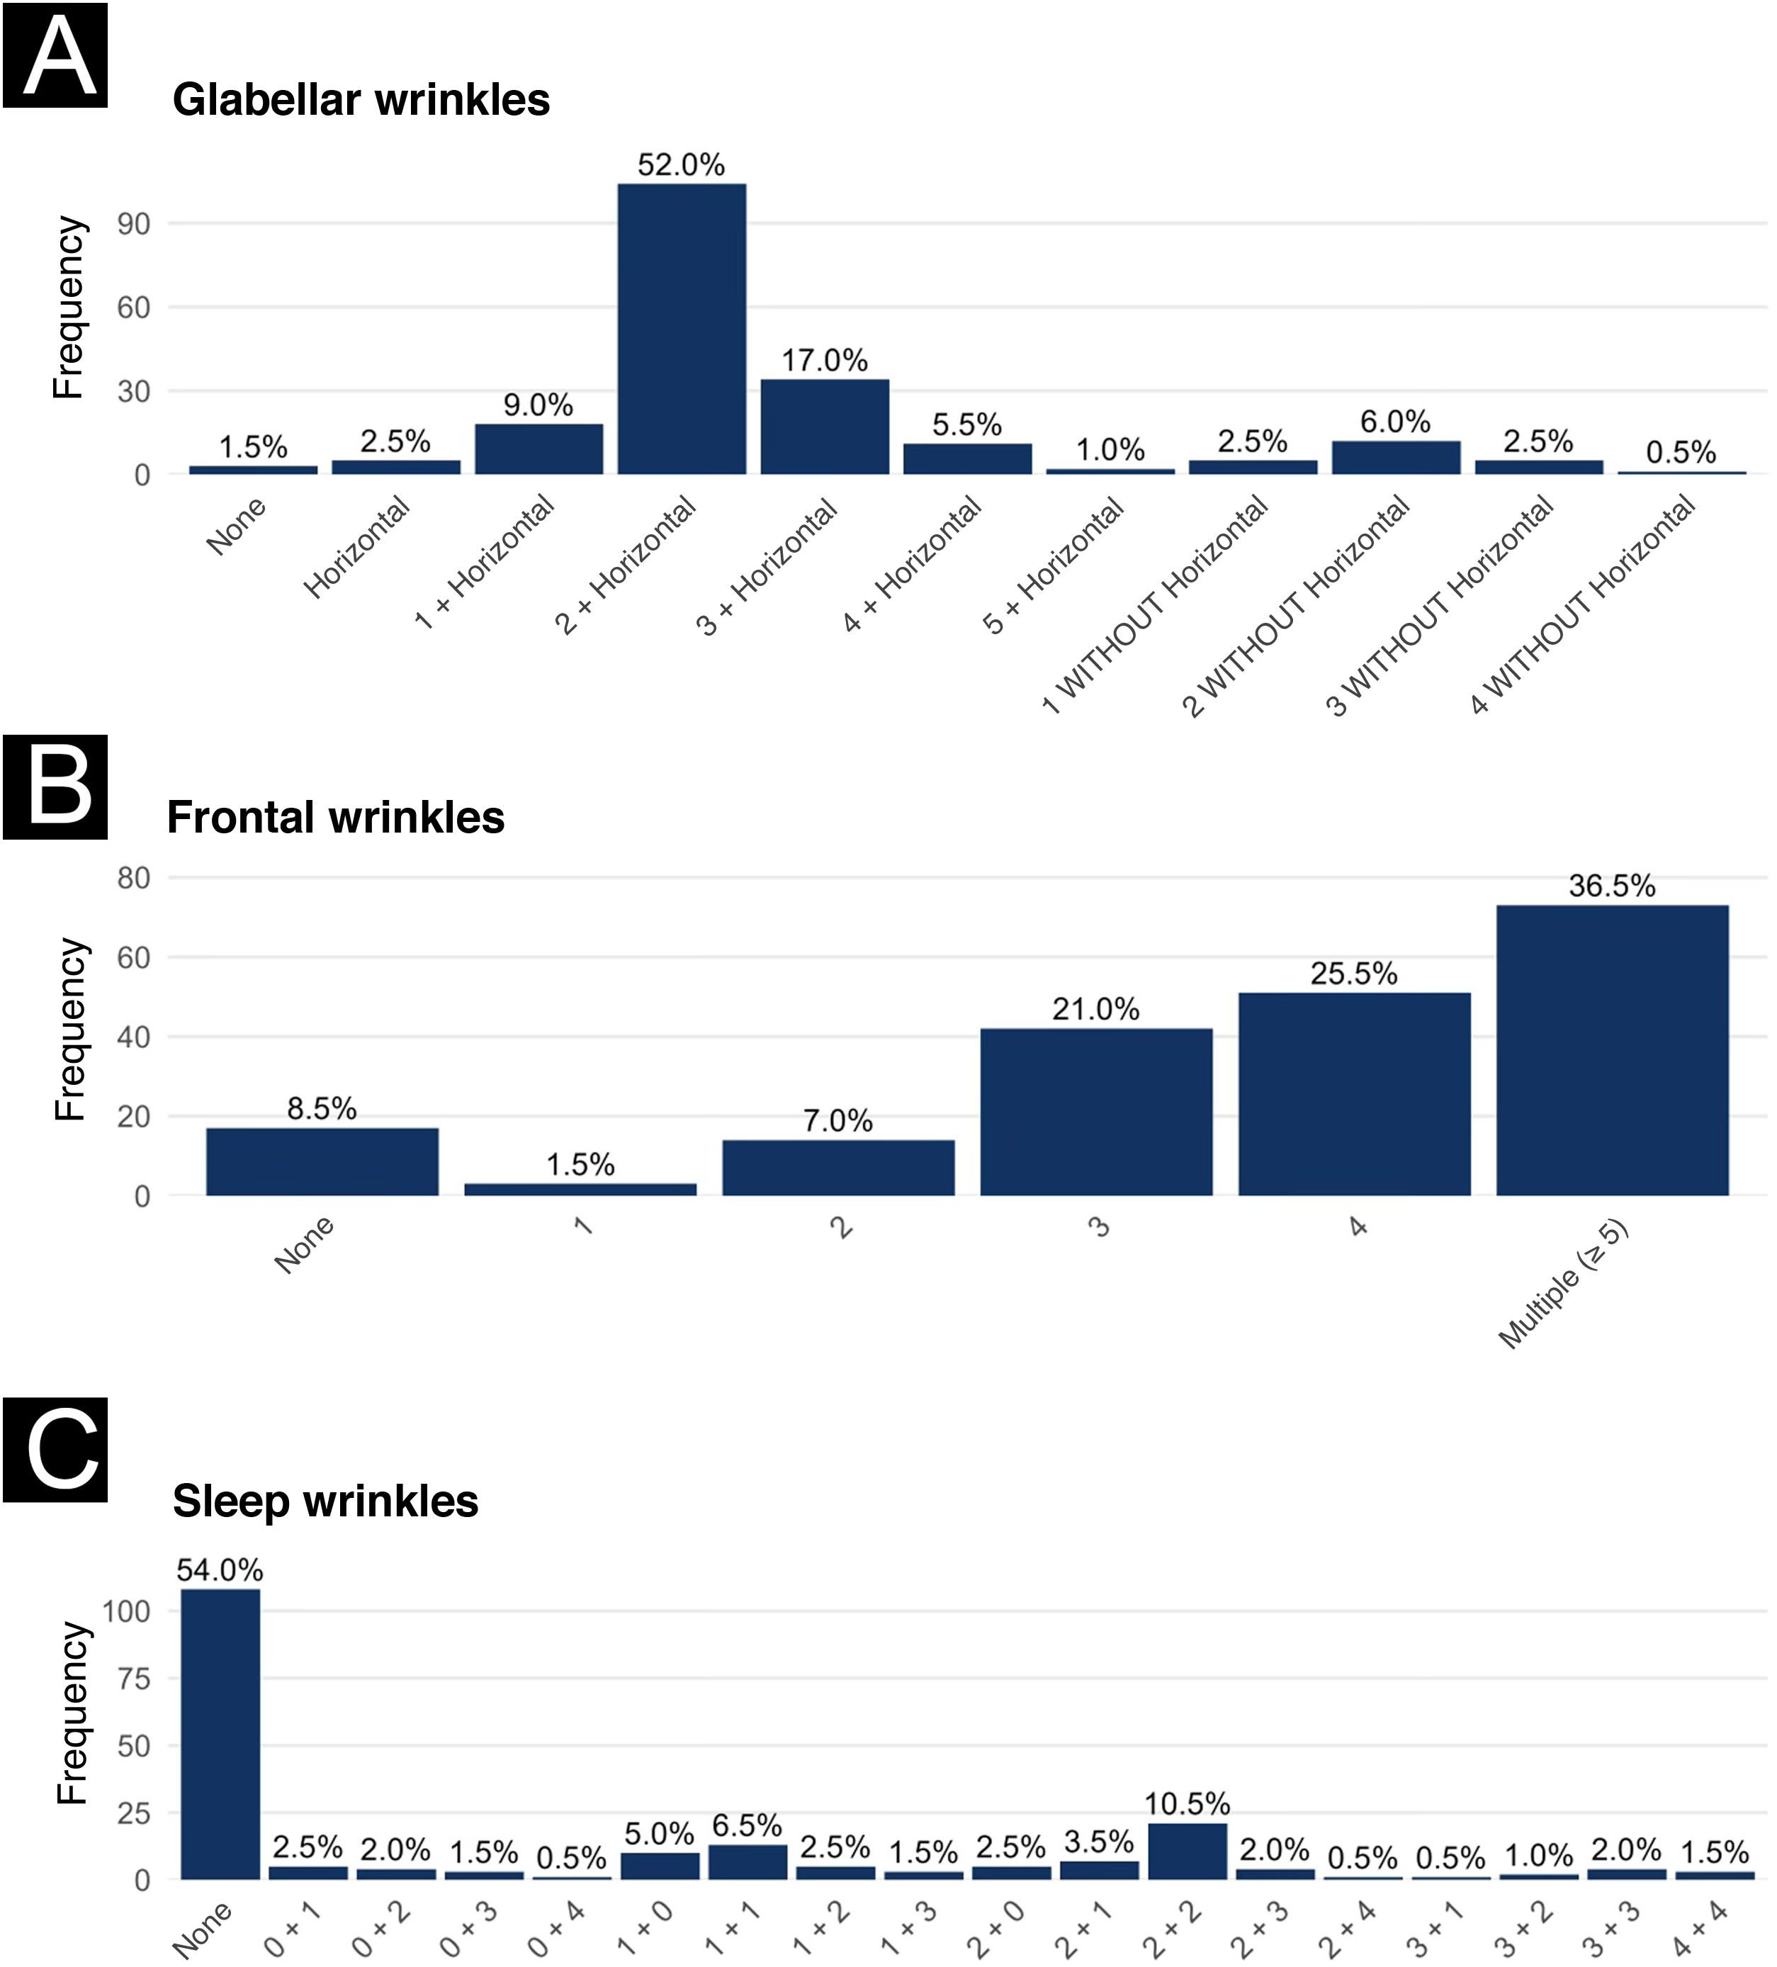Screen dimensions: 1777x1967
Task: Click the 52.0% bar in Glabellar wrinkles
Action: pos(681,329)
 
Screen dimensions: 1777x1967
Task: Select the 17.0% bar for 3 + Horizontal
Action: pos(825,427)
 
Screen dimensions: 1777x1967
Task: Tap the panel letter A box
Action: pos(55,55)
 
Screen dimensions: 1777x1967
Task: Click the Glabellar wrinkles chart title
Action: pos(361,99)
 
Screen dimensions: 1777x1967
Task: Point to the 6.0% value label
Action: pos(1395,422)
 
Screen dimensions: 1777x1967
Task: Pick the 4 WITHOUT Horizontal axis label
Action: pos(1582,603)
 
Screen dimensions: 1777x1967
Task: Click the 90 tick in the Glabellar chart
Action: pos(134,225)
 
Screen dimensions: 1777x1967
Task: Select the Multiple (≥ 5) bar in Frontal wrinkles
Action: pos(1612,1050)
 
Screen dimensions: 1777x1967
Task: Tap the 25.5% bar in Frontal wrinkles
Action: pos(1355,1094)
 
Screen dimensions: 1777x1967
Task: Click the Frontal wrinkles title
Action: pos(336,818)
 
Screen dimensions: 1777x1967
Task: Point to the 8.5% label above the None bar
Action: pos(322,1108)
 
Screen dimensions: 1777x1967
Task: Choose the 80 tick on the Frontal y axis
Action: pos(134,878)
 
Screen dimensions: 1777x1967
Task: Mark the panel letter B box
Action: pos(55,787)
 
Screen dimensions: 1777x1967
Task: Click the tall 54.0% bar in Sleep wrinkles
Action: pos(220,1734)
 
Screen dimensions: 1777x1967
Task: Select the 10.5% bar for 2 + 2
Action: pos(1187,1851)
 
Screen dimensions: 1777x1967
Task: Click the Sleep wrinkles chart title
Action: pos(326,1501)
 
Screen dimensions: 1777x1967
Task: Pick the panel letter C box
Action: pos(55,1449)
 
